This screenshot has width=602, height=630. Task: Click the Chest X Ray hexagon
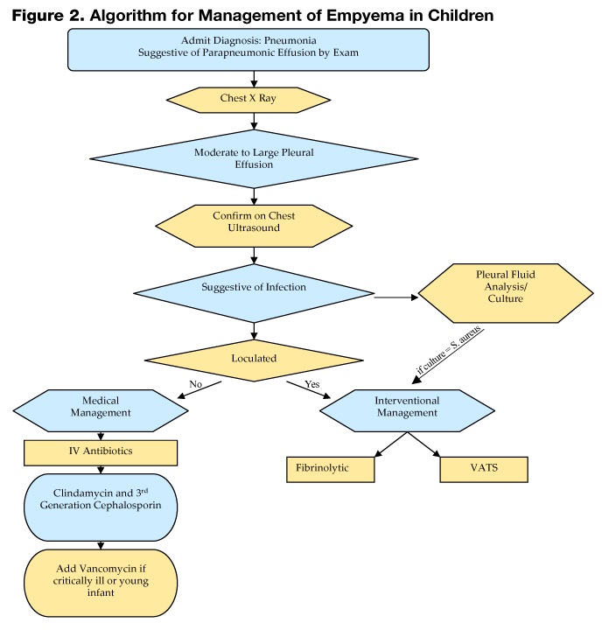[248, 99]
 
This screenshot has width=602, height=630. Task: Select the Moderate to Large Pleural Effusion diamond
[254, 158]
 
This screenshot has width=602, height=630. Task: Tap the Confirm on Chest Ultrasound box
[254, 221]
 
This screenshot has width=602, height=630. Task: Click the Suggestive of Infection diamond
[254, 287]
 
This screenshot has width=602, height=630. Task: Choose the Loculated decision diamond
[254, 358]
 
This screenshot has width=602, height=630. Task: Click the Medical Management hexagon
[100, 407]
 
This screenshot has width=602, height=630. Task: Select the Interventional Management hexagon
[408, 407]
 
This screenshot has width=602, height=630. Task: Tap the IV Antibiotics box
[100, 452]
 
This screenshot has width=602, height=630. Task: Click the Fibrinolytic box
[330, 469]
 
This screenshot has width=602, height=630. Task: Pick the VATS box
[484, 469]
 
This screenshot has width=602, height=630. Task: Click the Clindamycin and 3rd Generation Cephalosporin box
[100, 507]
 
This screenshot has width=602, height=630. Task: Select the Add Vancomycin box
[101, 580]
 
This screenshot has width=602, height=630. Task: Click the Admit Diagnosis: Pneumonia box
[248, 49]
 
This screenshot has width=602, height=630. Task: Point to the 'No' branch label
[197, 385]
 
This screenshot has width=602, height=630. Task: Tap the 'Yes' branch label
[312, 385]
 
